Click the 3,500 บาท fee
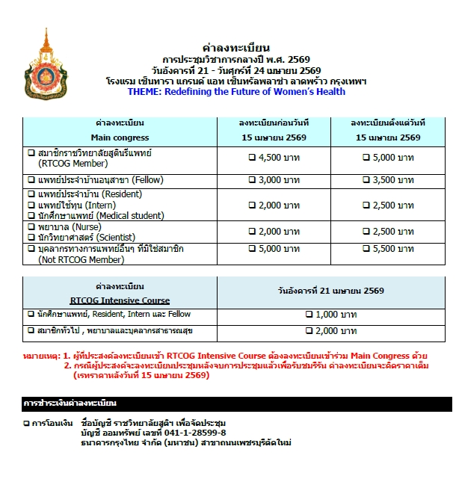[388, 180]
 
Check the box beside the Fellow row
[31, 180]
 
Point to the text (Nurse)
[95, 226]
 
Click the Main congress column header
[120, 137]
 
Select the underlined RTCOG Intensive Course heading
[120, 300]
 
